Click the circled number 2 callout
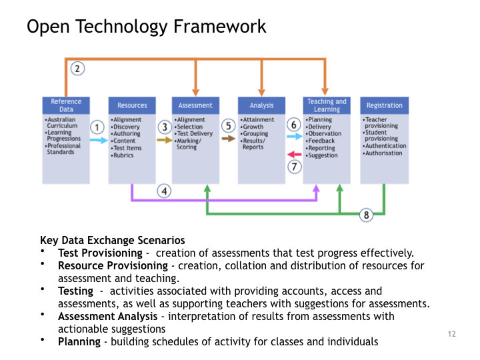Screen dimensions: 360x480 pyautogui.click(x=78, y=68)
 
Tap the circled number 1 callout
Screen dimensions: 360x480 pyautogui.click(x=97, y=127)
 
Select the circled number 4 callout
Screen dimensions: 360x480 pyautogui.click(x=164, y=191)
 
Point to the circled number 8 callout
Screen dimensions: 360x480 pyautogui.click(x=366, y=215)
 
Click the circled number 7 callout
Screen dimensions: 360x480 pyautogui.click(x=294, y=167)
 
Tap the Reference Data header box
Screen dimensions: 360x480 pyautogui.click(x=66, y=105)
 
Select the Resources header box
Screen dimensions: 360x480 pyautogui.click(x=132, y=105)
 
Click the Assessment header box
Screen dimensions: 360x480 pyautogui.click(x=195, y=105)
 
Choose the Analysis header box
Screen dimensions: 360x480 pyautogui.click(x=261, y=105)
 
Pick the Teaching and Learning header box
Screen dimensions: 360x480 pyautogui.click(x=327, y=105)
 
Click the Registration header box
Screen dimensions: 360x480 pyautogui.click(x=384, y=105)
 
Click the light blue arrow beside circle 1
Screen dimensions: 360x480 pyautogui.click(x=98, y=141)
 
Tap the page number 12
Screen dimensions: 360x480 pyautogui.click(x=452, y=333)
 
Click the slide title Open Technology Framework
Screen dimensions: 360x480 pyautogui.click(x=146, y=27)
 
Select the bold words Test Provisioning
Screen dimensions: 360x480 pyautogui.click(x=100, y=253)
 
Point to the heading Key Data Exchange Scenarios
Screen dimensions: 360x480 pyautogui.click(x=113, y=241)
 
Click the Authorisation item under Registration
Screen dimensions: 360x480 pyautogui.click(x=383, y=153)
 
